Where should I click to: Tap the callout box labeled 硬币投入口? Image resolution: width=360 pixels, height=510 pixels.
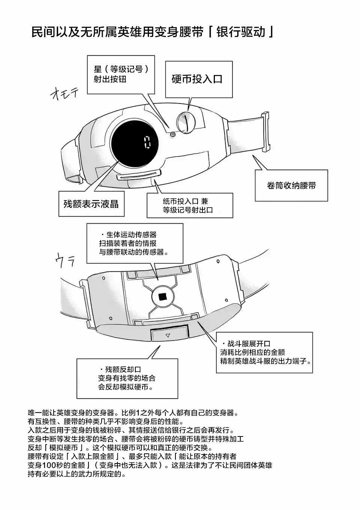[198, 79]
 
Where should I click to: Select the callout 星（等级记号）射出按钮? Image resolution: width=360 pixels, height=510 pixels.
[121, 74]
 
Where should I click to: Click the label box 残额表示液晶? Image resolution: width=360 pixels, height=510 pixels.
[91, 204]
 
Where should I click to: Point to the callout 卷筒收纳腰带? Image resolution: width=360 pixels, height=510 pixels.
[291, 185]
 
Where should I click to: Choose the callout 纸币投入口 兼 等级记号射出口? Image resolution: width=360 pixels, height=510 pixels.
[189, 205]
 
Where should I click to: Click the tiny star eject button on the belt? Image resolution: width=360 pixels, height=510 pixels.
[173, 134]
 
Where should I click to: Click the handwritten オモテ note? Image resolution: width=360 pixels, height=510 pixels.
[64, 93]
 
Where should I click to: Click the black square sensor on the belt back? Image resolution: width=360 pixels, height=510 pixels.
[162, 297]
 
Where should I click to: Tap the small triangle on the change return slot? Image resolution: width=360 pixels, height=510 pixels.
[168, 335]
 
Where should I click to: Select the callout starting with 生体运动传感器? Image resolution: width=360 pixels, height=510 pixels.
[135, 243]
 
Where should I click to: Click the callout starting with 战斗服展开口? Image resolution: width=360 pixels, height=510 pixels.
[264, 352]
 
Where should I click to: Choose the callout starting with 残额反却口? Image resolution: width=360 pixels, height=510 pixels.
[127, 378]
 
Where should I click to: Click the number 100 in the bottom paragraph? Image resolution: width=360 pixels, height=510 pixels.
[51, 465]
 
